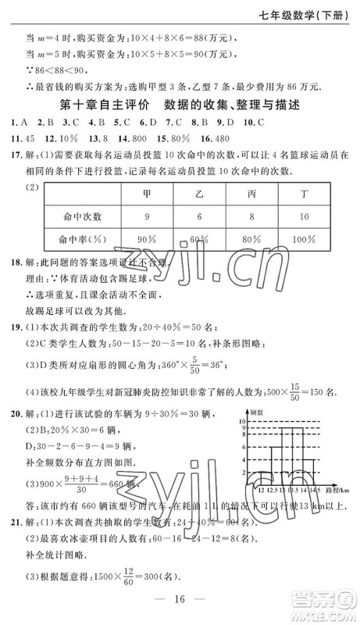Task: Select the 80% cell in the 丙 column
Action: (x=251, y=237)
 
